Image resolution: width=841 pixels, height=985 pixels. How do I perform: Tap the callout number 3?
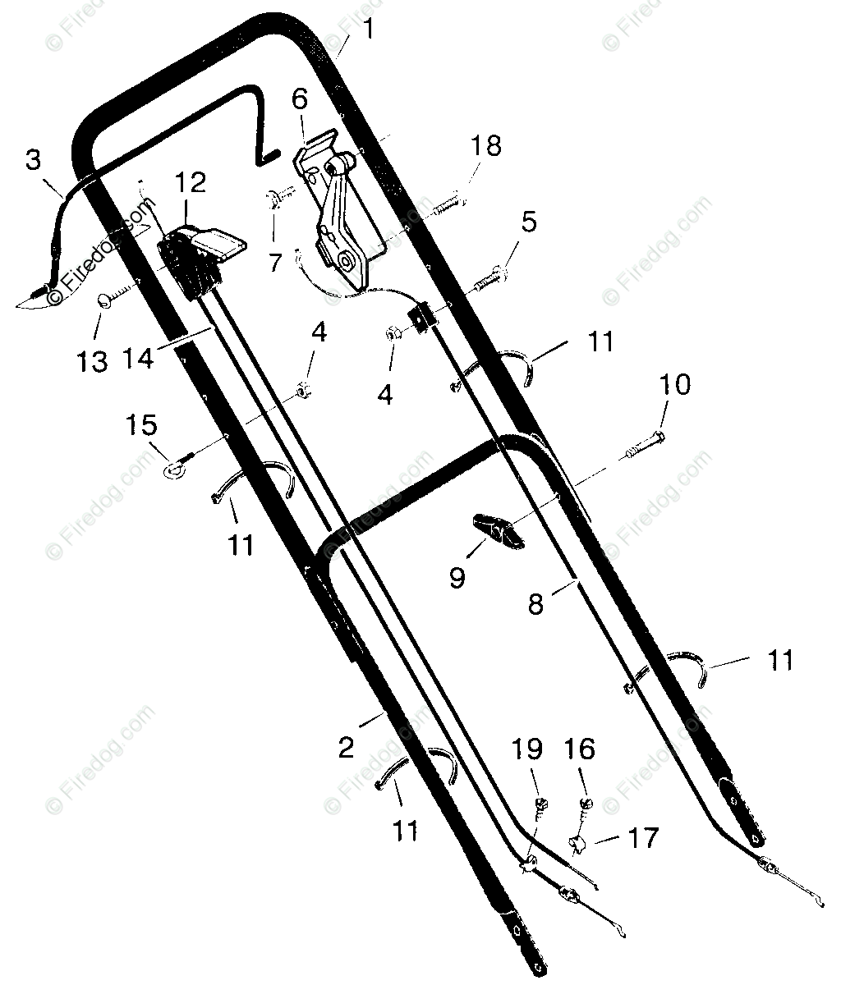click(32, 160)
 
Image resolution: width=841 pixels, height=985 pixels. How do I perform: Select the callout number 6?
click(300, 100)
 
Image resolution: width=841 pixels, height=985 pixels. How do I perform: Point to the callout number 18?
click(485, 147)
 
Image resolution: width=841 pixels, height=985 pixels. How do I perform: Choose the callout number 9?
click(457, 578)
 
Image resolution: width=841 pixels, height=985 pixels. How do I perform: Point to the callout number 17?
click(642, 837)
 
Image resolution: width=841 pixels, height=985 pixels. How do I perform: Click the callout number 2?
click(346, 747)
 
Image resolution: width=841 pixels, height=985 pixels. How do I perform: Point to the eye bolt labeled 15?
click(175, 469)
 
